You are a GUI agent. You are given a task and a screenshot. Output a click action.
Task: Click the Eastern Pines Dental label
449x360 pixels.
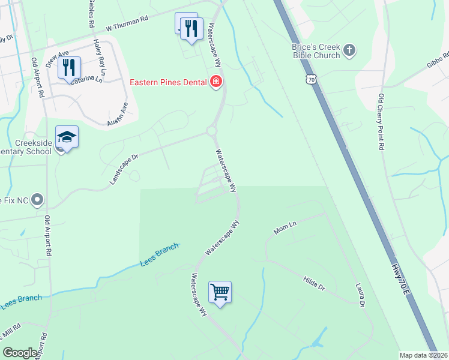tap(168, 82)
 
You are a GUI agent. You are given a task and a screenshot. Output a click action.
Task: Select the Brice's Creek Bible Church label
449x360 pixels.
tap(316, 51)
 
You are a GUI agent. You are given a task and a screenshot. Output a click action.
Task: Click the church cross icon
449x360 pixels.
tap(350, 50)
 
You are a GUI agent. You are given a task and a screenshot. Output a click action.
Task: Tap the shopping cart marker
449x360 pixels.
tap(220, 293)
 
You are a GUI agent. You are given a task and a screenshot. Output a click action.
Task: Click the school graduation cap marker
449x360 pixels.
tap(67, 138)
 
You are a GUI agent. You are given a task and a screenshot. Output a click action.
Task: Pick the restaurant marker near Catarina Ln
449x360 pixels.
tap(69, 68)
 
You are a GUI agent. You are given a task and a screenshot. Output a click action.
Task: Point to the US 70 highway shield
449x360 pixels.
tap(310, 79)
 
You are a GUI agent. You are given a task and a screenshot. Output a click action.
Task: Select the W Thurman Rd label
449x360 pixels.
tap(127, 23)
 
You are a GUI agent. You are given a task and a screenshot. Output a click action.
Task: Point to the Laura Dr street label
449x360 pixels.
tap(360, 296)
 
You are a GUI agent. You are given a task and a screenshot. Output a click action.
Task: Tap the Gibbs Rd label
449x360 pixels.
tap(438, 61)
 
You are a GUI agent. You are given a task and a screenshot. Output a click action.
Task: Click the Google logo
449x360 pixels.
tap(20, 352)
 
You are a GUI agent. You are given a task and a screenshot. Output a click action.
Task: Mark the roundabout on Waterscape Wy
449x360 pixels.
tap(211, 131)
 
